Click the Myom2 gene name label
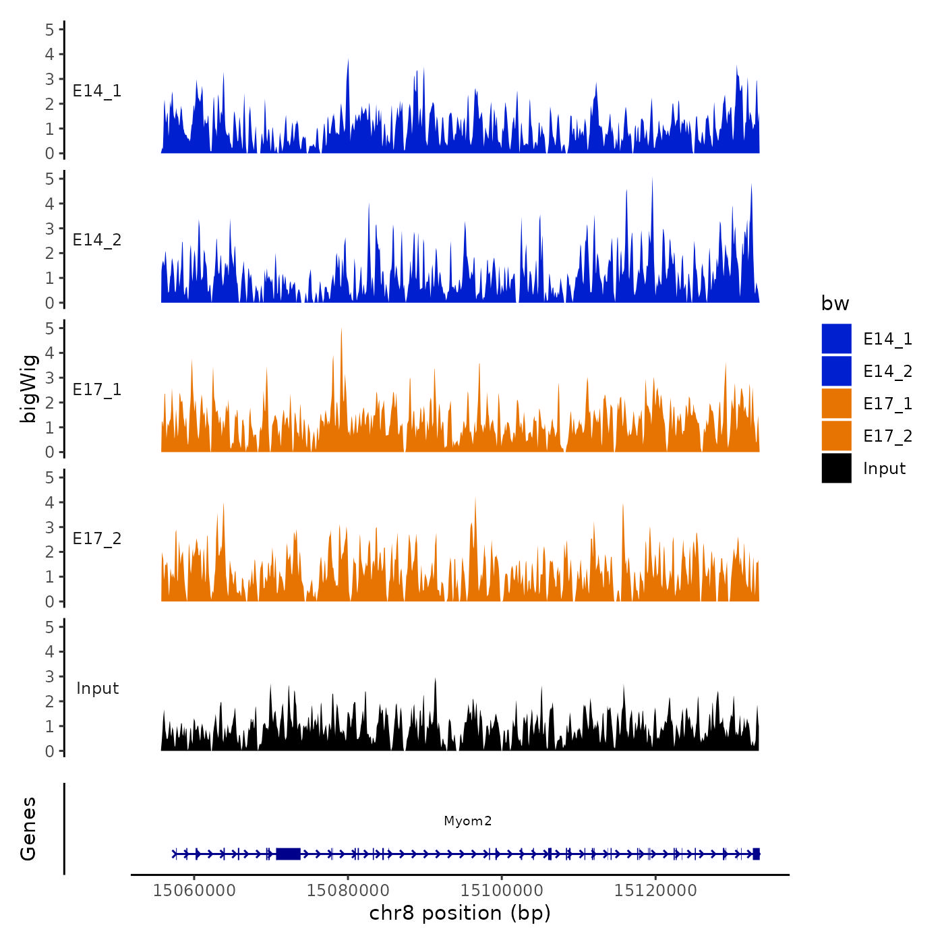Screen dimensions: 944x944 click(x=467, y=821)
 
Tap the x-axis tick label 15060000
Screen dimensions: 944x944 click(x=194, y=891)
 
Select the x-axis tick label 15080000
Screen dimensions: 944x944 click(x=348, y=891)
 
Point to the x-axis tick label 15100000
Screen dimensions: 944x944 click(x=502, y=891)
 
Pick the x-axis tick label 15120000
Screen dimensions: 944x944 click(x=655, y=891)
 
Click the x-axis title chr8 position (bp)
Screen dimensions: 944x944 click(x=460, y=913)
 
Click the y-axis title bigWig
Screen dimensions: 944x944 click(x=28, y=388)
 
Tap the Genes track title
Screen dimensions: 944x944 click(x=28, y=829)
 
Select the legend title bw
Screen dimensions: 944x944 click(x=835, y=303)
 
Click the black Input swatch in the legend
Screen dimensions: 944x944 click(x=836, y=468)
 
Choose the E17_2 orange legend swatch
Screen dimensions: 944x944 click(x=836, y=436)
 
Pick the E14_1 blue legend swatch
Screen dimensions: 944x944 click(x=836, y=338)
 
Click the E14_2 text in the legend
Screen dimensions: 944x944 click(x=887, y=371)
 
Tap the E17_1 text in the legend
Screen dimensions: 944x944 click(x=887, y=403)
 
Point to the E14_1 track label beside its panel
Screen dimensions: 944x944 click(x=97, y=91)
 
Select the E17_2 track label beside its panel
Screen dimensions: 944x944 click(x=97, y=538)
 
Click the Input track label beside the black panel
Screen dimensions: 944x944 click(x=97, y=688)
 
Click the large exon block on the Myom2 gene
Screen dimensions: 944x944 click(x=288, y=854)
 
